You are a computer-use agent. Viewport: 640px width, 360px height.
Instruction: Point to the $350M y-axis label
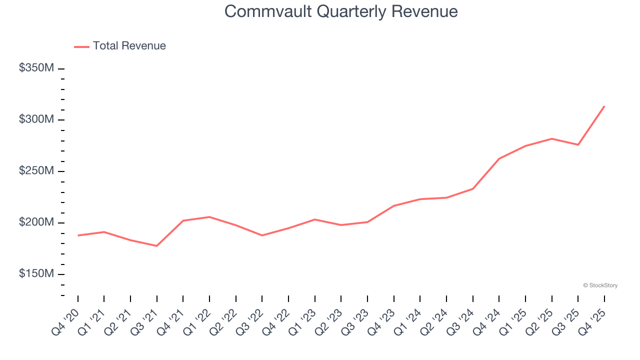(x=36, y=68)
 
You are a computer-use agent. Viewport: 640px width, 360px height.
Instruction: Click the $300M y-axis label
(x=36, y=119)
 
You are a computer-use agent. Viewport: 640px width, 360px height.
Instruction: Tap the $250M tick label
(x=36, y=171)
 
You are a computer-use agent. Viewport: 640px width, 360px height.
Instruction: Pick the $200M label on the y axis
(x=36, y=222)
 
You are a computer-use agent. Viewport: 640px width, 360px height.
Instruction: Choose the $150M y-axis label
(x=36, y=274)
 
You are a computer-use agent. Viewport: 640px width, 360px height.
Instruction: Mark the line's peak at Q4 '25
(x=604, y=106)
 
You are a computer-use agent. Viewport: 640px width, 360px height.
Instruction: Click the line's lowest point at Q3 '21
(x=156, y=246)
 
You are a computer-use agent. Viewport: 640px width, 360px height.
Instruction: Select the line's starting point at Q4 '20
(x=78, y=235)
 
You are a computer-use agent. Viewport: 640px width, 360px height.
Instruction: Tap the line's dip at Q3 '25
(x=578, y=145)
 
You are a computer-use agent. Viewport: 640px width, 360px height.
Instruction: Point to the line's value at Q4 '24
(x=499, y=158)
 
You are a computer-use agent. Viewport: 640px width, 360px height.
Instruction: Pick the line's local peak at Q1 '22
(x=209, y=217)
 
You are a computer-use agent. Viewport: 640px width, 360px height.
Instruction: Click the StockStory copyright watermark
(x=600, y=285)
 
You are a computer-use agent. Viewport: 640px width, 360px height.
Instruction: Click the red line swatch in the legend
(x=81, y=46)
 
